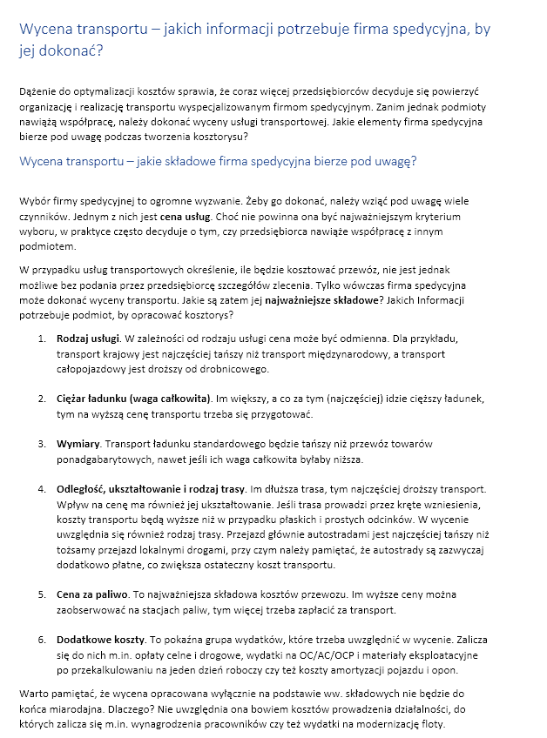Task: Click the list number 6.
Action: pos(42,639)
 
